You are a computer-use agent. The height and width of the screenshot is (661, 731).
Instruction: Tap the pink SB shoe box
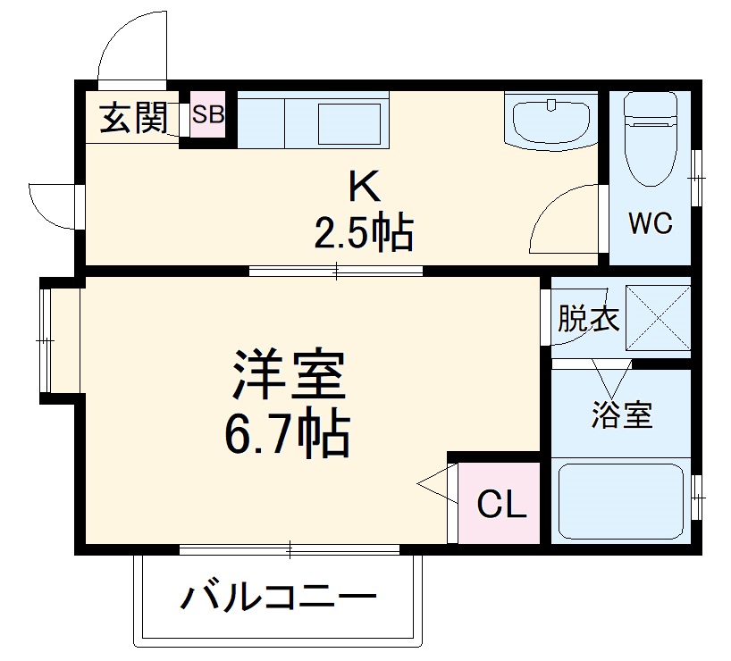[209, 114]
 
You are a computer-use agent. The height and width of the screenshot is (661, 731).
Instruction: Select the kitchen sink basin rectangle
[352, 122]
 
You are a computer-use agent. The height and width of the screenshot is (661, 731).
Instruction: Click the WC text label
[650, 223]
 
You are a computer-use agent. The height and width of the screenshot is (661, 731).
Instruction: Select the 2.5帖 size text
[363, 233]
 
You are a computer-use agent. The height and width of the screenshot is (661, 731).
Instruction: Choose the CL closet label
[501, 506]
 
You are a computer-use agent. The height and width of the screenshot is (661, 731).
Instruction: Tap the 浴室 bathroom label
[622, 414]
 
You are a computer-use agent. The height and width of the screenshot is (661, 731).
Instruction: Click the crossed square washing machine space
[659, 317]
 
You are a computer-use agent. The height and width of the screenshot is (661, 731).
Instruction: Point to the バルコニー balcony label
[278, 596]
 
